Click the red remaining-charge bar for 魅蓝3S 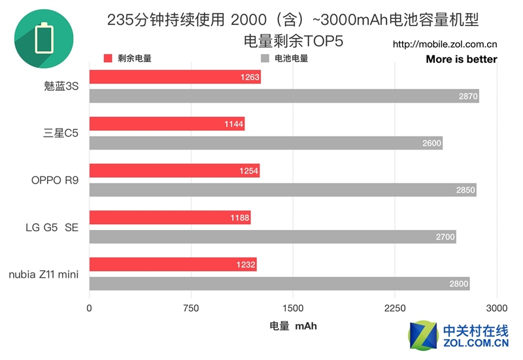click(x=175, y=77)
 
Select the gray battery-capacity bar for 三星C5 click(x=265, y=143)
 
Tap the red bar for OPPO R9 click(x=174, y=171)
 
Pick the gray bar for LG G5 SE click(x=272, y=237)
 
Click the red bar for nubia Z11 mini click(x=173, y=264)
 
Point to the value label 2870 click(x=469, y=97)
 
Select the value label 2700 click(x=445, y=237)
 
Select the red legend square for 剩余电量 click(x=109, y=58)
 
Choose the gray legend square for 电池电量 click(x=265, y=58)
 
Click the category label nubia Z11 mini click(x=44, y=274)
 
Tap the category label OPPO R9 click(x=55, y=180)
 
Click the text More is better click(x=461, y=59)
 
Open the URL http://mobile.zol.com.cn click(x=445, y=45)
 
